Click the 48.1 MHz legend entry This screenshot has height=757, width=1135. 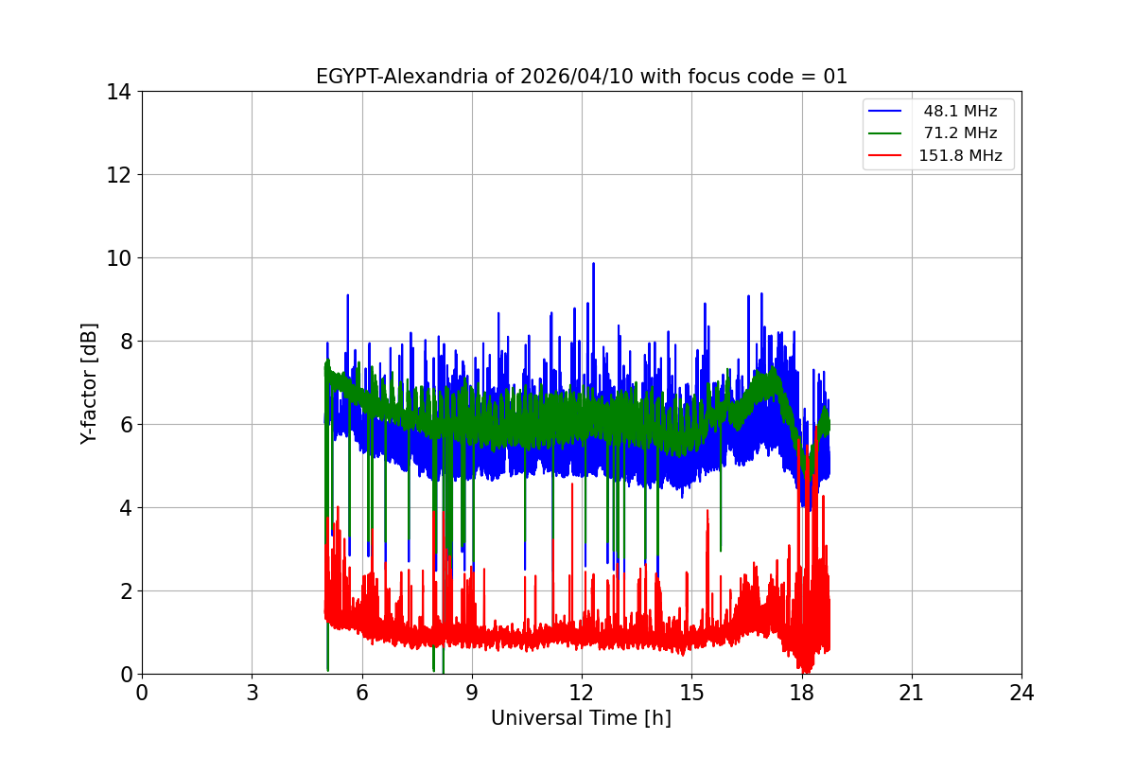(x=960, y=112)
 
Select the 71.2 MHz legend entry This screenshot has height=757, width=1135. (x=960, y=133)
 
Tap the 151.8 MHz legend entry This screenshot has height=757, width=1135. (x=960, y=156)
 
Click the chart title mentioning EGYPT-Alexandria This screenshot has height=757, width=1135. (x=582, y=77)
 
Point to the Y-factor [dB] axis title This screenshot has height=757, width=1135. (x=89, y=383)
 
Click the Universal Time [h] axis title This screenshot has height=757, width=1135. (x=581, y=718)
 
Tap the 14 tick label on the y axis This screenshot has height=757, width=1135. (x=119, y=92)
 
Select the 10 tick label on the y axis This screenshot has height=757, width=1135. (x=119, y=258)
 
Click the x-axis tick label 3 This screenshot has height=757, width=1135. (x=252, y=693)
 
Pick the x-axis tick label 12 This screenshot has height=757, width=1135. (x=582, y=693)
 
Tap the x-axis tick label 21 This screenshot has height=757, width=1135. (x=912, y=693)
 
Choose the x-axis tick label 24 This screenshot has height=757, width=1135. (x=1021, y=693)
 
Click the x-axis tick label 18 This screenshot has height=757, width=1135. (x=802, y=693)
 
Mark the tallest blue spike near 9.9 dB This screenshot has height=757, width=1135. (x=593, y=265)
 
